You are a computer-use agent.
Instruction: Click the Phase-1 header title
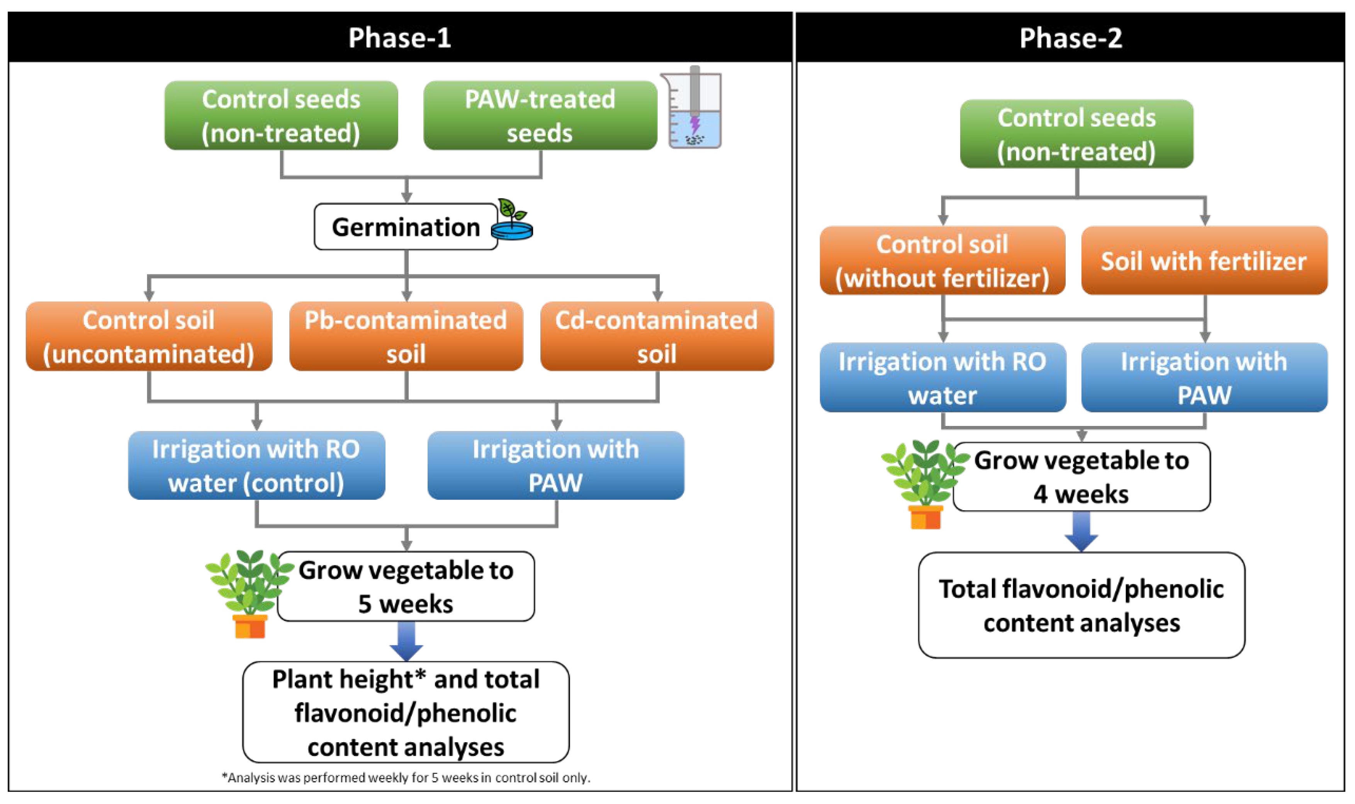(x=399, y=38)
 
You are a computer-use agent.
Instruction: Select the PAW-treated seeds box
(x=540, y=115)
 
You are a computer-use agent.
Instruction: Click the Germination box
(x=405, y=226)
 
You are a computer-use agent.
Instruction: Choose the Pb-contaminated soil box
(x=406, y=336)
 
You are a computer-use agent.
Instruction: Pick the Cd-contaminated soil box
(x=657, y=336)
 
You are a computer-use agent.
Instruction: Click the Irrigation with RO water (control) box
(x=256, y=465)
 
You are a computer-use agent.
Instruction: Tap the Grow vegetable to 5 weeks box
(x=406, y=587)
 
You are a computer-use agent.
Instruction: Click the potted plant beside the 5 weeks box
(x=249, y=593)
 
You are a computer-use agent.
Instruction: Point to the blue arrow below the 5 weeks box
(x=406, y=640)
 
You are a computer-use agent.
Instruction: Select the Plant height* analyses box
(x=406, y=712)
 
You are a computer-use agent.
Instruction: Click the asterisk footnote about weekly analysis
(x=406, y=777)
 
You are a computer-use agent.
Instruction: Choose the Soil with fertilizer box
(x=1204, y=261)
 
